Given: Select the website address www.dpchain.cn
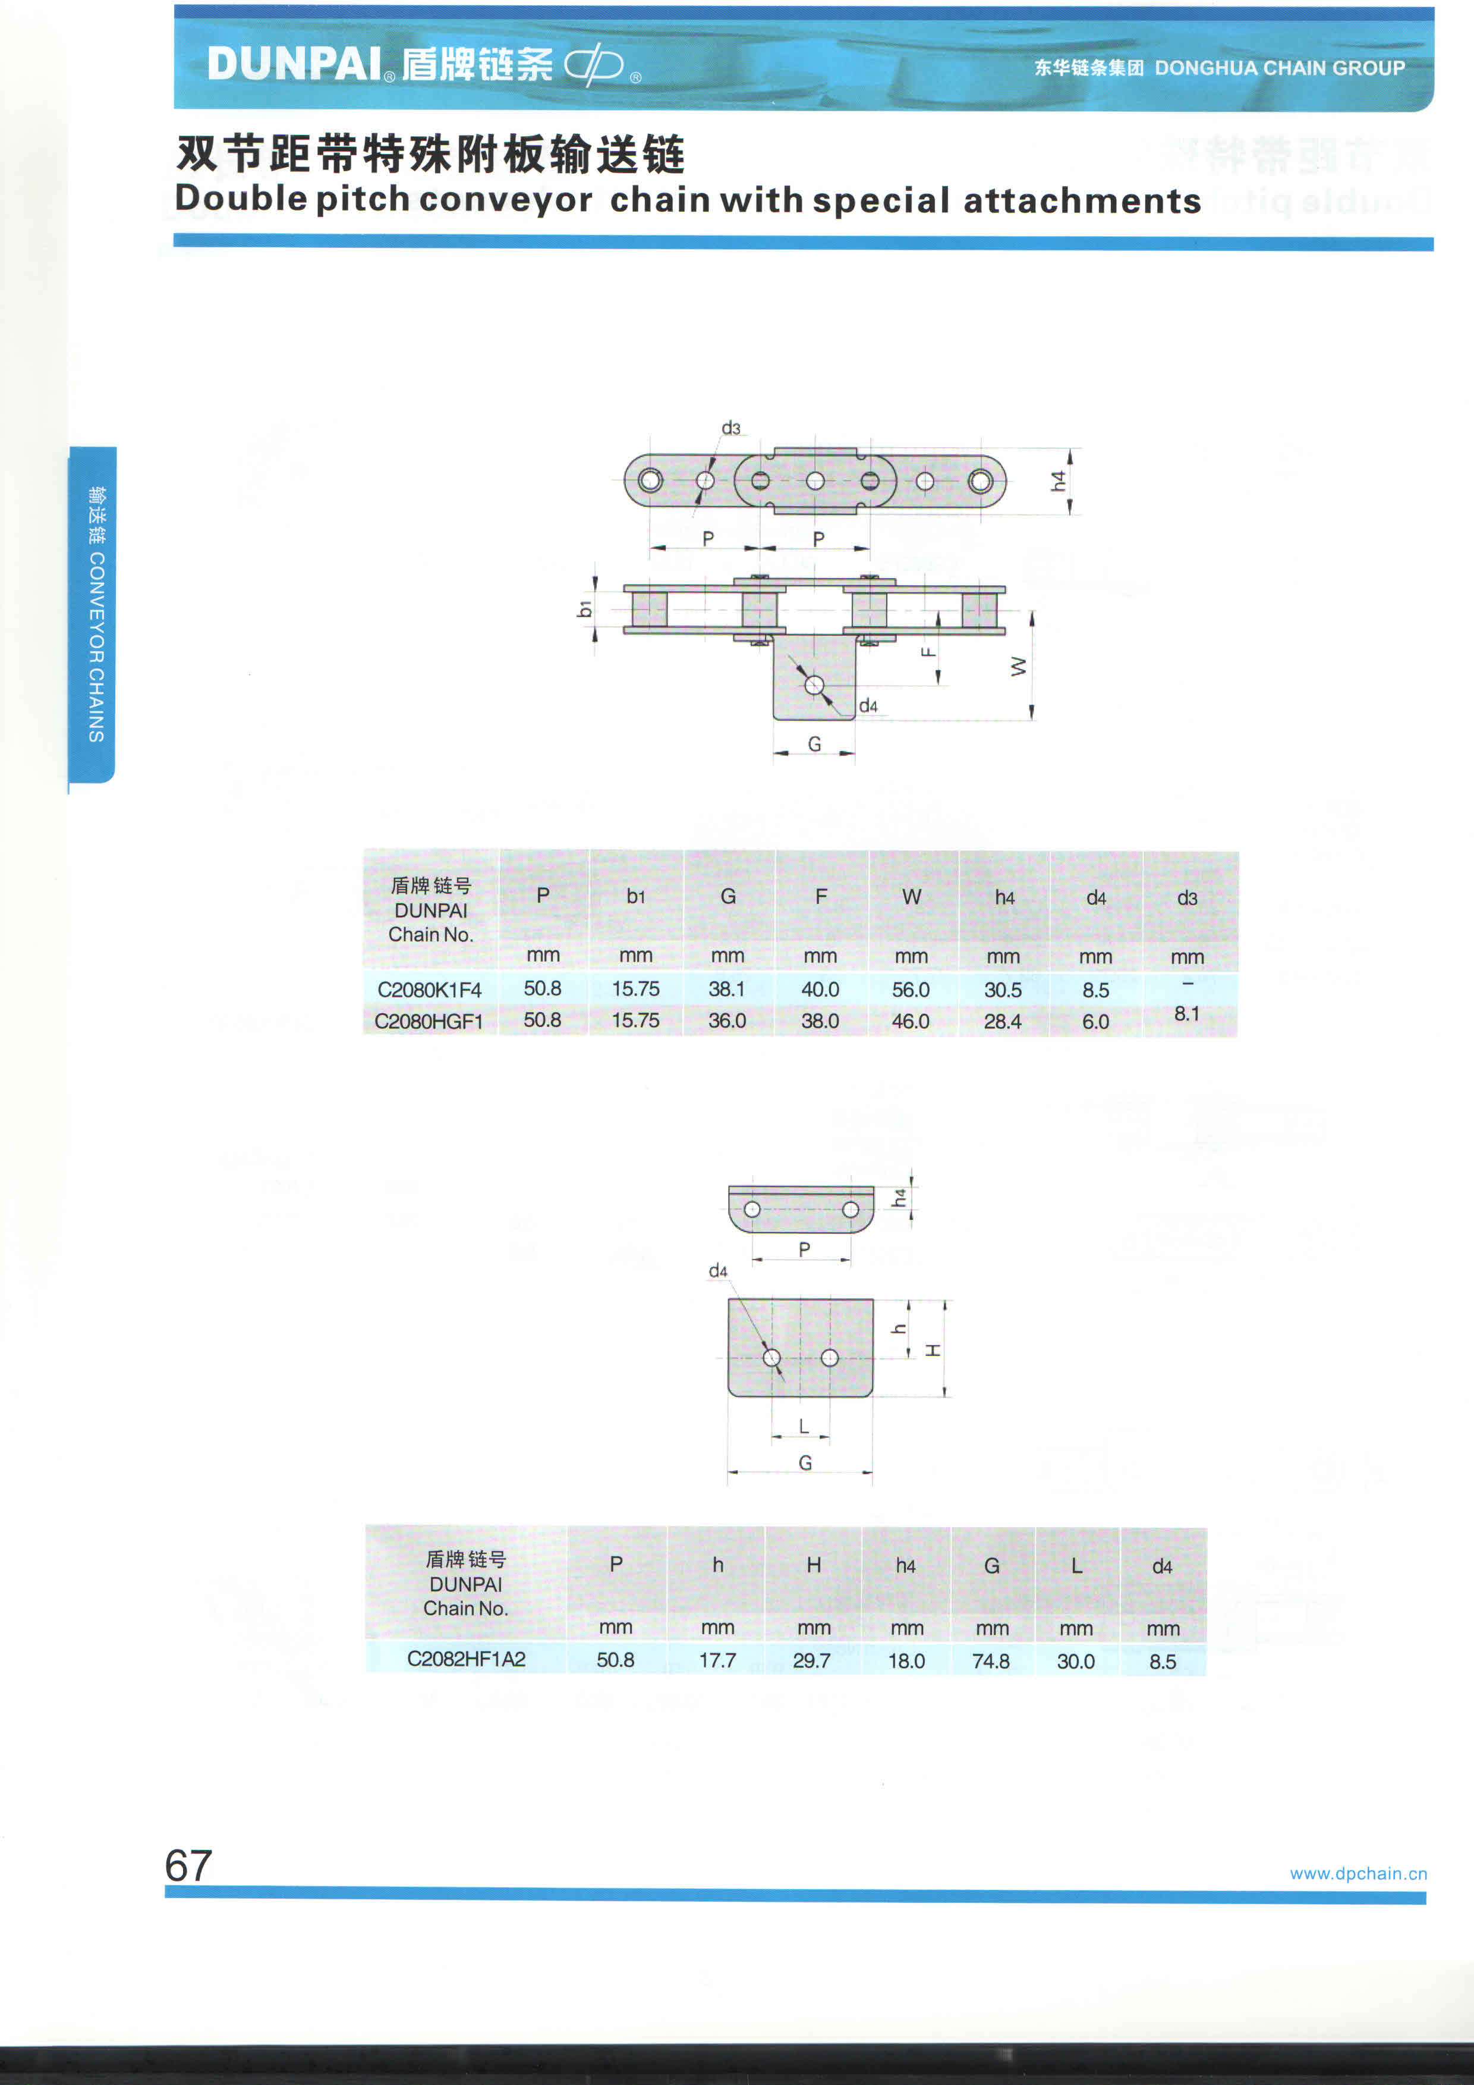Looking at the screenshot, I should [x=1358, y=1873].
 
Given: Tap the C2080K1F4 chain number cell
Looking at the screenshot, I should [x=429, y=990].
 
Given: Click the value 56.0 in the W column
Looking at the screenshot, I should [x=911, y=990].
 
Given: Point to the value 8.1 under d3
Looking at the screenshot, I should [x=1186, y=1013].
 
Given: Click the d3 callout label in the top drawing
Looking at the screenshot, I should [x=730, y=428].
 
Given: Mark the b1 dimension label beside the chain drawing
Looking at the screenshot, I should [x=584, y=608].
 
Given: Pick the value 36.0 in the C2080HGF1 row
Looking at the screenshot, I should [x=727, y=1020].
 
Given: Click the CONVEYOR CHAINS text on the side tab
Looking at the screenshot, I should [x=96, y=646].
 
